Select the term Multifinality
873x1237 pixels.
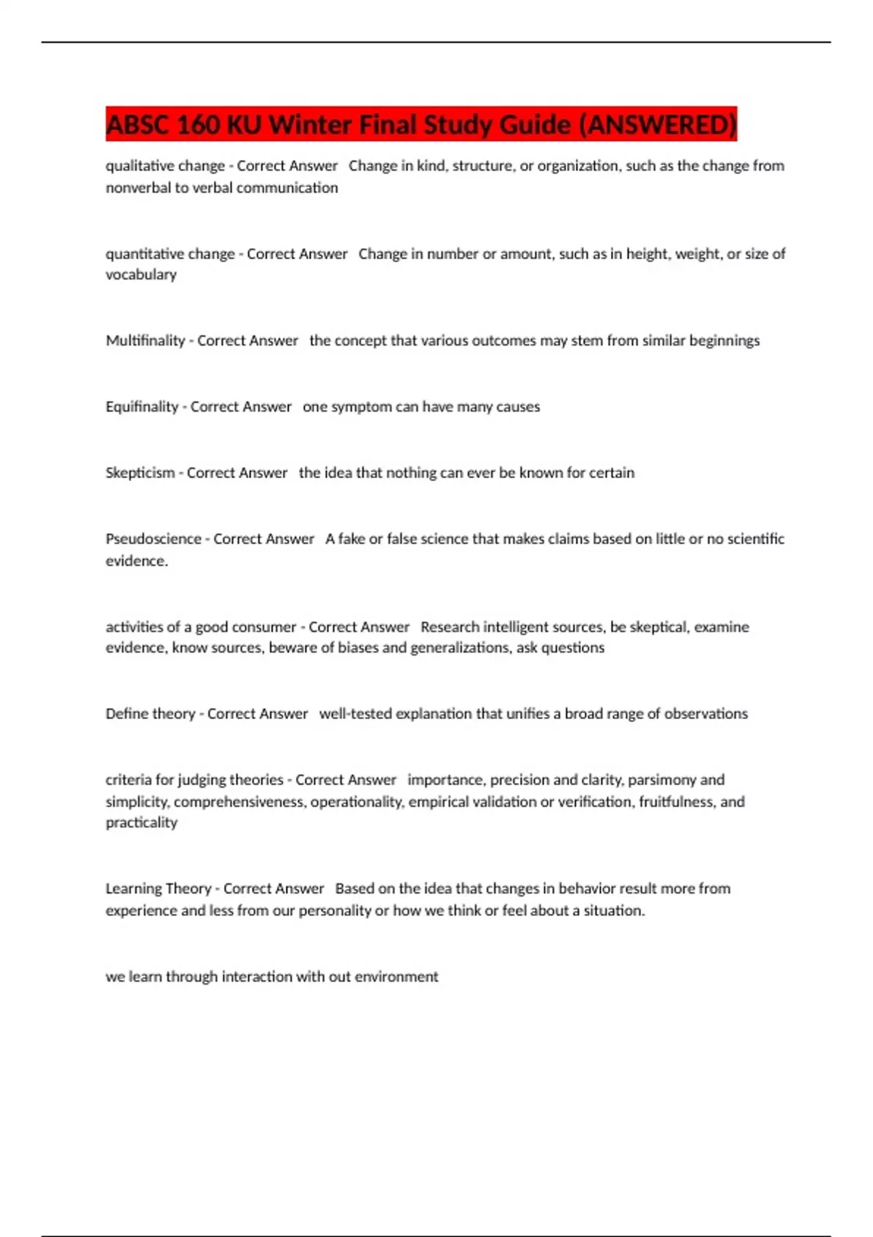click(145, 341)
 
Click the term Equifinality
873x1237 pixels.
click(142, 407)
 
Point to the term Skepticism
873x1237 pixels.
click(140, 473)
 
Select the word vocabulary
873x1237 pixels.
click(141, 275)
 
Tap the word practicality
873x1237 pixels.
click(141, 823)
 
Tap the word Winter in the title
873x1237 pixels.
click(311, 125)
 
